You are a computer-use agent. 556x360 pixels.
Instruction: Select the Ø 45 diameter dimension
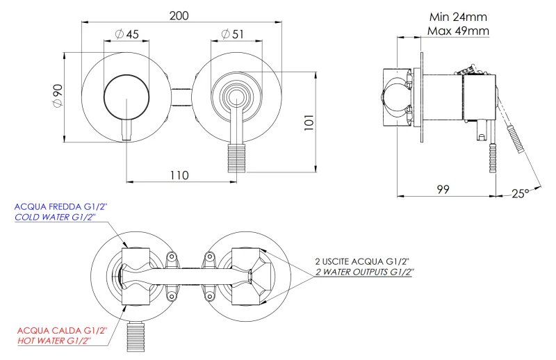pos(128,33)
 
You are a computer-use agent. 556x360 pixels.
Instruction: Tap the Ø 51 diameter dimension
pos(232,33)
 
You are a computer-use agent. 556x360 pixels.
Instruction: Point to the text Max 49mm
pos(458,31)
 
